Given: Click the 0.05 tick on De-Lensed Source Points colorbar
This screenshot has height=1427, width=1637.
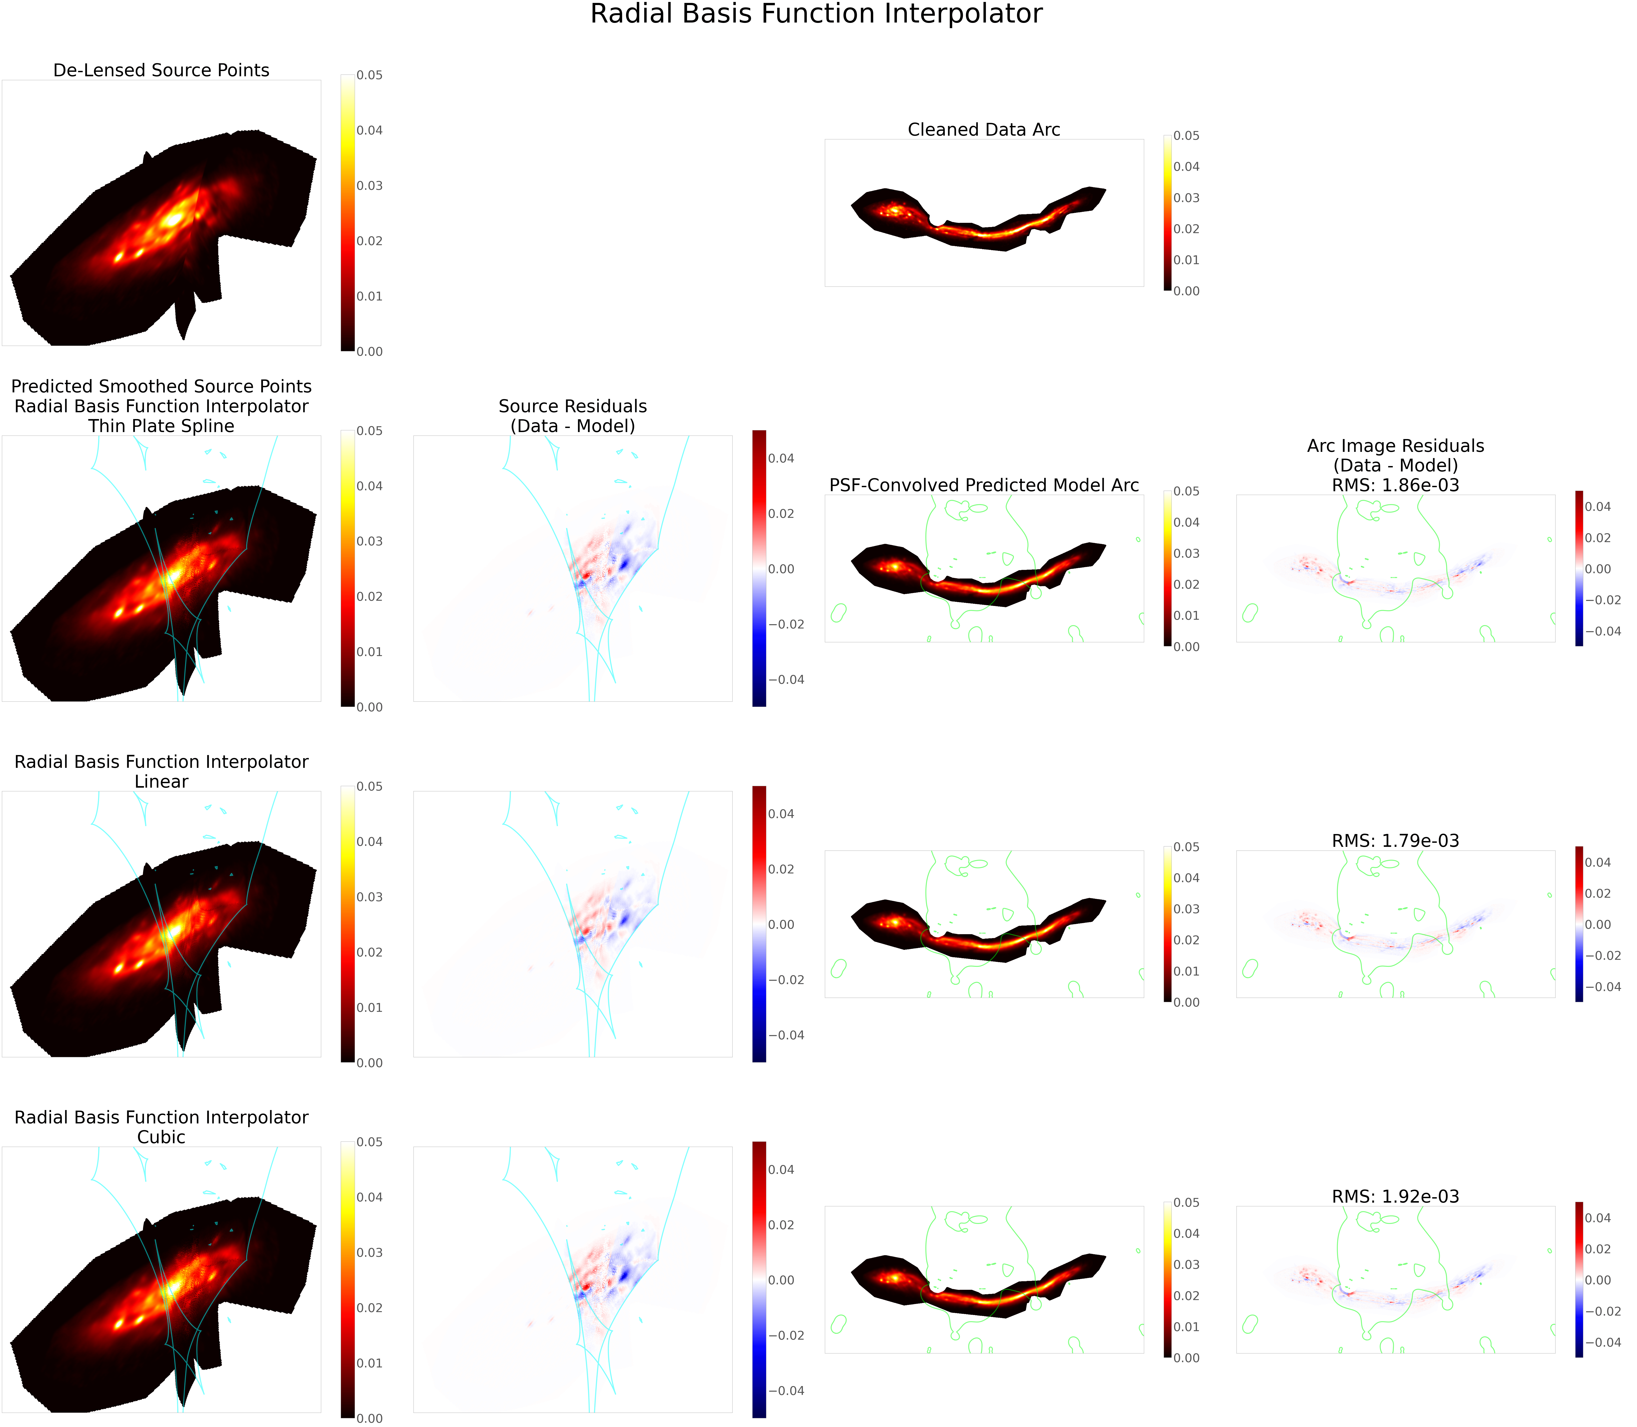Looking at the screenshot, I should coord(369,76).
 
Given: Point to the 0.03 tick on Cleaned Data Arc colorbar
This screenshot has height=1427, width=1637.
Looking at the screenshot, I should coord(1186,198).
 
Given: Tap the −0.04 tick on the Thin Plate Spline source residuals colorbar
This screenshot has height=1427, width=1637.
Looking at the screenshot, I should coord(786,679).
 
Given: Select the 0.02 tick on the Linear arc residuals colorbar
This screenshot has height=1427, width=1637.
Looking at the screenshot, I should coord(1598,893).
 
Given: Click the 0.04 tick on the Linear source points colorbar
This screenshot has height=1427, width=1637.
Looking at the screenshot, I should coord(369,842).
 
